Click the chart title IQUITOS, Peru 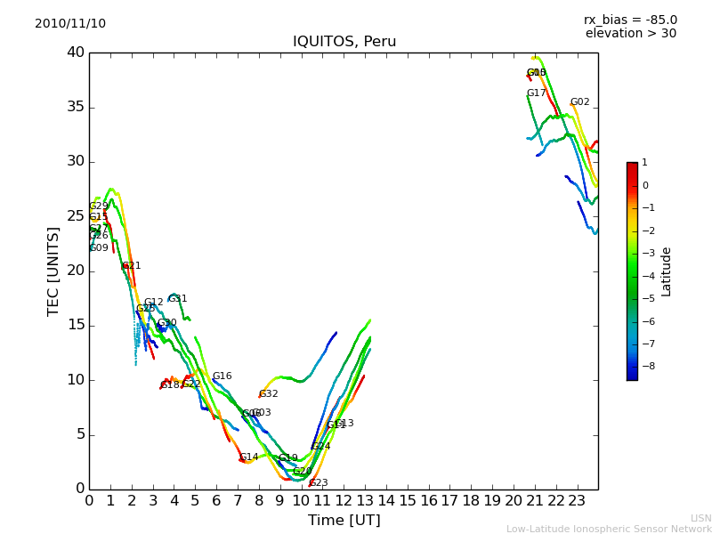pyautogui.click(x=344, y=42)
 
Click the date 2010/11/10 pyautogui.click(x=70, y=23)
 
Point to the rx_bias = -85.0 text pyautogui.click(x=630, y=20)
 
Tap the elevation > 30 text pyautogui.click(x=630, y=34)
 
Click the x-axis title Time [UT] pyautogui.click(x=344, y=520)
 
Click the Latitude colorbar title pyautogui.click(x=667, y=271)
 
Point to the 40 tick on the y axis pyautogui.click(x=75, y=53)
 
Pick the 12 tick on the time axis pyautogui.click(x=344, y=501)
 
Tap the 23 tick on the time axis pyautogui.click(x=577, y=501)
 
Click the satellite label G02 pyautogui.click(x=580, y=102)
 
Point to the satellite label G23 pyautogui.click(x=319, y=483)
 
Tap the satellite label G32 pyautogui.click(x=269, y=394)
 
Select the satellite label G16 pyautogui.click(x=222, y=376)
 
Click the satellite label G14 pyautogui.click(x=249, y=457)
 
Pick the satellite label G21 pyautogui.click(x=132, y=266)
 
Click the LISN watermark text pyautogui.click(x=701, y=518)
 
